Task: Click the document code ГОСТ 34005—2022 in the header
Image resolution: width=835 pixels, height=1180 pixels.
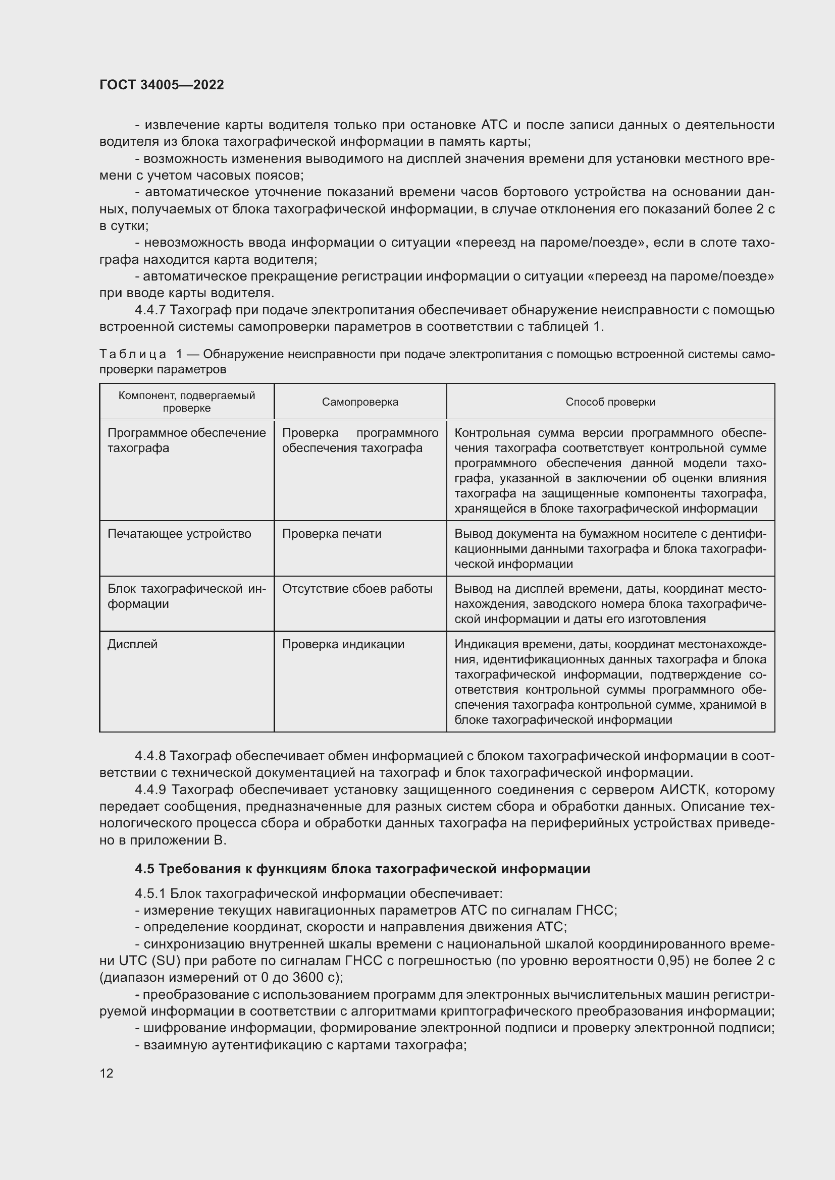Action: tap(162, 85)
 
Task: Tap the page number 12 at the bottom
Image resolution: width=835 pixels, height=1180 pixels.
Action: tap(107, 1073)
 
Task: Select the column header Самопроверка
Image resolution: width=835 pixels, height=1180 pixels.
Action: tap(360, 402)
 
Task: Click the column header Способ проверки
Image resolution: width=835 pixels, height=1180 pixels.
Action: tap(610, 402)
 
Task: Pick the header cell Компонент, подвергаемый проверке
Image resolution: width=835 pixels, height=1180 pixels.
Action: tap(187, 402)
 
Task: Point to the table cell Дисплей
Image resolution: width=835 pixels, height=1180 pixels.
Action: tap(132, 644)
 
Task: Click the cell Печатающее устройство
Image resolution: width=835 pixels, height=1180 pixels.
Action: tap(179, 534)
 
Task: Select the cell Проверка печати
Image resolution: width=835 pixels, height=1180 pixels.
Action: tap(332, 534)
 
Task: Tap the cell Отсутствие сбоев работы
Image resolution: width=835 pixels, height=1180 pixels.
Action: tap(357, 589)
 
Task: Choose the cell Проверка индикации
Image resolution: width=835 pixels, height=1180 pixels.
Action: tap(343, 644)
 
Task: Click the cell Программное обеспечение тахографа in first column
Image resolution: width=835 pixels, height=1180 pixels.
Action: tap(186, 440)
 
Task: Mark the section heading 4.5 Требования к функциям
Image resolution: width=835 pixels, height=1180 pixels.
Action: tap(362, 869)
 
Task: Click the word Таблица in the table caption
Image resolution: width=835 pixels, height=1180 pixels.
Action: tap(133, 354)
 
